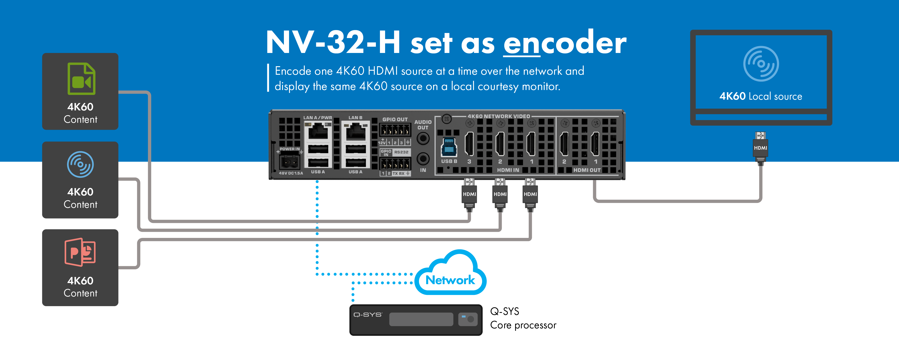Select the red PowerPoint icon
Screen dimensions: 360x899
[80, 252]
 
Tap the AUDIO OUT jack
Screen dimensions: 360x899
[423, 139]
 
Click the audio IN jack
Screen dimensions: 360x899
[423, 159]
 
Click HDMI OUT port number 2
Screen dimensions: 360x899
[564, 144]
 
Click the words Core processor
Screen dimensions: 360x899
[523, 325]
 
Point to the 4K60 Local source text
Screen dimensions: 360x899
[761, 96]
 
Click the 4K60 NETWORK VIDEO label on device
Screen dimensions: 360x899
[498, 116]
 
